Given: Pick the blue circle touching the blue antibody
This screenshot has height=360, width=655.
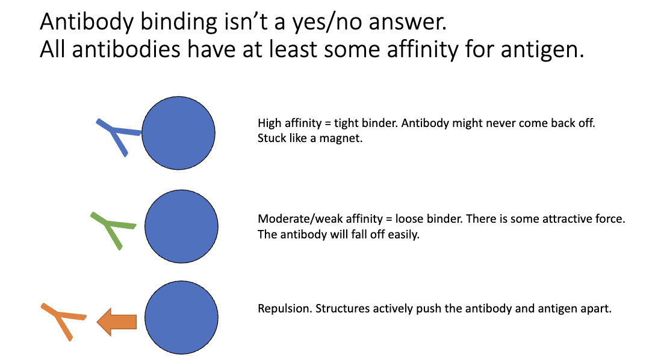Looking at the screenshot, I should (178, 133).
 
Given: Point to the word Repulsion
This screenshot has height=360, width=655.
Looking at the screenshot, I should (281, 309).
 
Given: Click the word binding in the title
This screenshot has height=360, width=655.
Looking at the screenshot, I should (174, 23).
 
